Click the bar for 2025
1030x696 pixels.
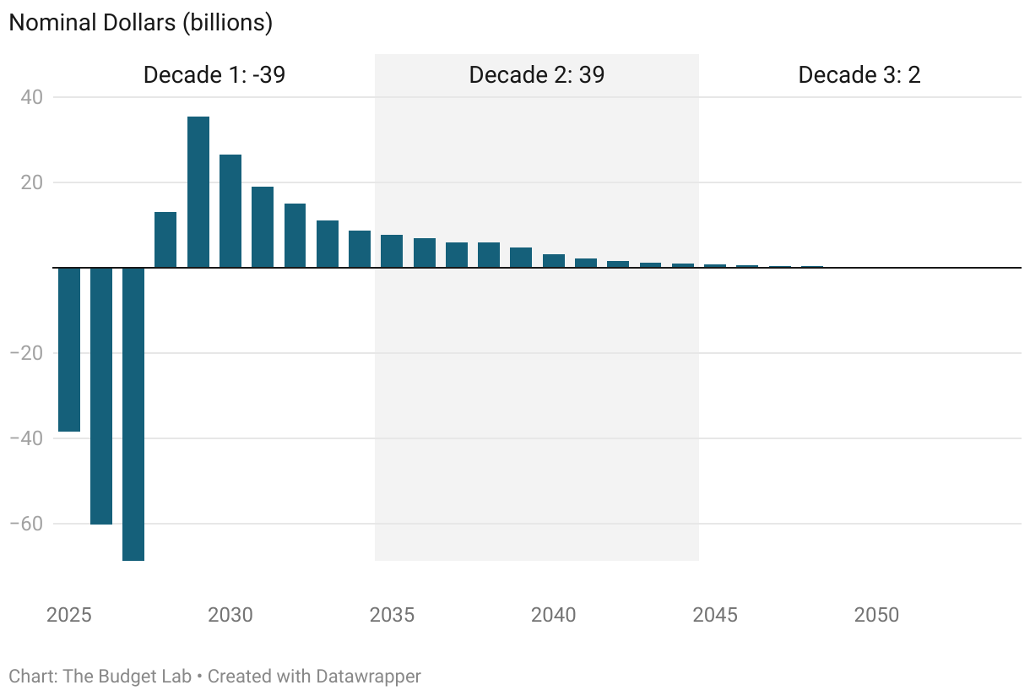point(69,349)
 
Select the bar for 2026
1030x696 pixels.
point(101,395)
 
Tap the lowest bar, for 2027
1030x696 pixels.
point(133,414)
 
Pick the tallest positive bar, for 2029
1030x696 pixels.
point(198,192)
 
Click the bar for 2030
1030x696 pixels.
point(230,211)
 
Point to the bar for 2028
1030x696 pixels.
point(165,240)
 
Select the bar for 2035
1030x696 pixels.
point(392,251)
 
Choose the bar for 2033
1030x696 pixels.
point(328,244)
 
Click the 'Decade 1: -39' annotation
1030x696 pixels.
point(214,75)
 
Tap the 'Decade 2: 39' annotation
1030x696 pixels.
point(537,75)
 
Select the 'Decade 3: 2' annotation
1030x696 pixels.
point(859,75)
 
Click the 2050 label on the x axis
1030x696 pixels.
point(876,615)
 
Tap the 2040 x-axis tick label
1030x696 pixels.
point(554,615)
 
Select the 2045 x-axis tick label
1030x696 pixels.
point(715,615)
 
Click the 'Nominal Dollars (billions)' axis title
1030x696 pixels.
point(140,23)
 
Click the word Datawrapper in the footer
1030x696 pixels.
point(368,677)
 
